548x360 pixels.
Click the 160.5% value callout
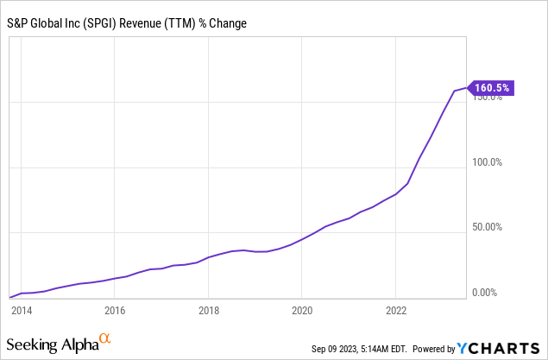pyautogui.click(x=491, y=88)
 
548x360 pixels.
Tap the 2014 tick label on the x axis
pyautogui.click(x=22, y=311)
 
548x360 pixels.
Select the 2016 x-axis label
pyautogui.click(x=115, y=311)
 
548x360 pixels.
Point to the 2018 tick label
pyautogui.click(x=209, y=311)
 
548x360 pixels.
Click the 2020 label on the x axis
pyautogui.click(x=302, y=311)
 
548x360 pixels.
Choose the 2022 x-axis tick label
pyautogui.click(x=396, y=311)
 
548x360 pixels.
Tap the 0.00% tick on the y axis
pyautogui.click(x=484, y=292)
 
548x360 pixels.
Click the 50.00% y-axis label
pyautogui.click(x=487, y=227)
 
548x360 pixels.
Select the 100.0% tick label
pyautogui.click(x=487, y=162)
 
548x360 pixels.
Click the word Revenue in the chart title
pyautogui.click(x=140, y=23)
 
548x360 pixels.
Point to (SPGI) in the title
pyautogui.click(x=99, y=24)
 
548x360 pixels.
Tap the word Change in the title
pyautogui.click(x=228, y=23)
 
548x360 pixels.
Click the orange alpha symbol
pyautogui.click(x=104, y=338)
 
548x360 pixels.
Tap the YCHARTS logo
pyautogui.click(x=498, y=349)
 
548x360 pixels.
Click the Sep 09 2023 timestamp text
pyautogui.click(x=359, y=349)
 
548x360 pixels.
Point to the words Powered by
pyautogui.click(x=434, y=349)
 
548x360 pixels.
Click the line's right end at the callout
pyautogui.click(x=466, y=88)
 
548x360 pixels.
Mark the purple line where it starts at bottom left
pyautogui.click(x=9, y=298)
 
